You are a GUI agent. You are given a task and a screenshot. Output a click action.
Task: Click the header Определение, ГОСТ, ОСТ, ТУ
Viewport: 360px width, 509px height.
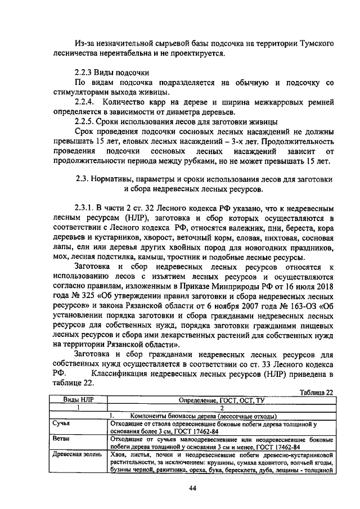point(221,400)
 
